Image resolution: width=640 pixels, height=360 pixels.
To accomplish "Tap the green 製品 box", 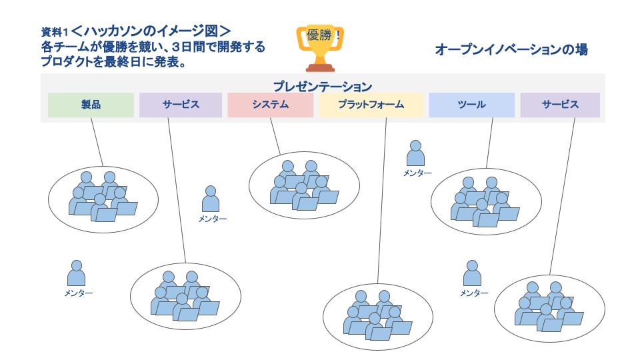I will point(91,105).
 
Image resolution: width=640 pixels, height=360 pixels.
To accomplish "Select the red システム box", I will point(270,105).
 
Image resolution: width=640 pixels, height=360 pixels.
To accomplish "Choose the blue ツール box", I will point(472,105).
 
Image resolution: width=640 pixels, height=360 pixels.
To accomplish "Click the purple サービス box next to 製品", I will point(181,105).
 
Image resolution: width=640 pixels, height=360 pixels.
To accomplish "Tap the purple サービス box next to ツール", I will point(560,105).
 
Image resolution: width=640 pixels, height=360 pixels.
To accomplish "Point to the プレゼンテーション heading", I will point(323,86).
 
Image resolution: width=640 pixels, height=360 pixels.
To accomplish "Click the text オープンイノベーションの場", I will point(511,50).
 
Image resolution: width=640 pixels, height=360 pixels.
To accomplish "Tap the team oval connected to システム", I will point(299,185).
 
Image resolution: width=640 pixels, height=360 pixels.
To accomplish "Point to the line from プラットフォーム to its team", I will point(382,200).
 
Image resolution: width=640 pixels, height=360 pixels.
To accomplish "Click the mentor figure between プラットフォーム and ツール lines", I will point(416,154).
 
